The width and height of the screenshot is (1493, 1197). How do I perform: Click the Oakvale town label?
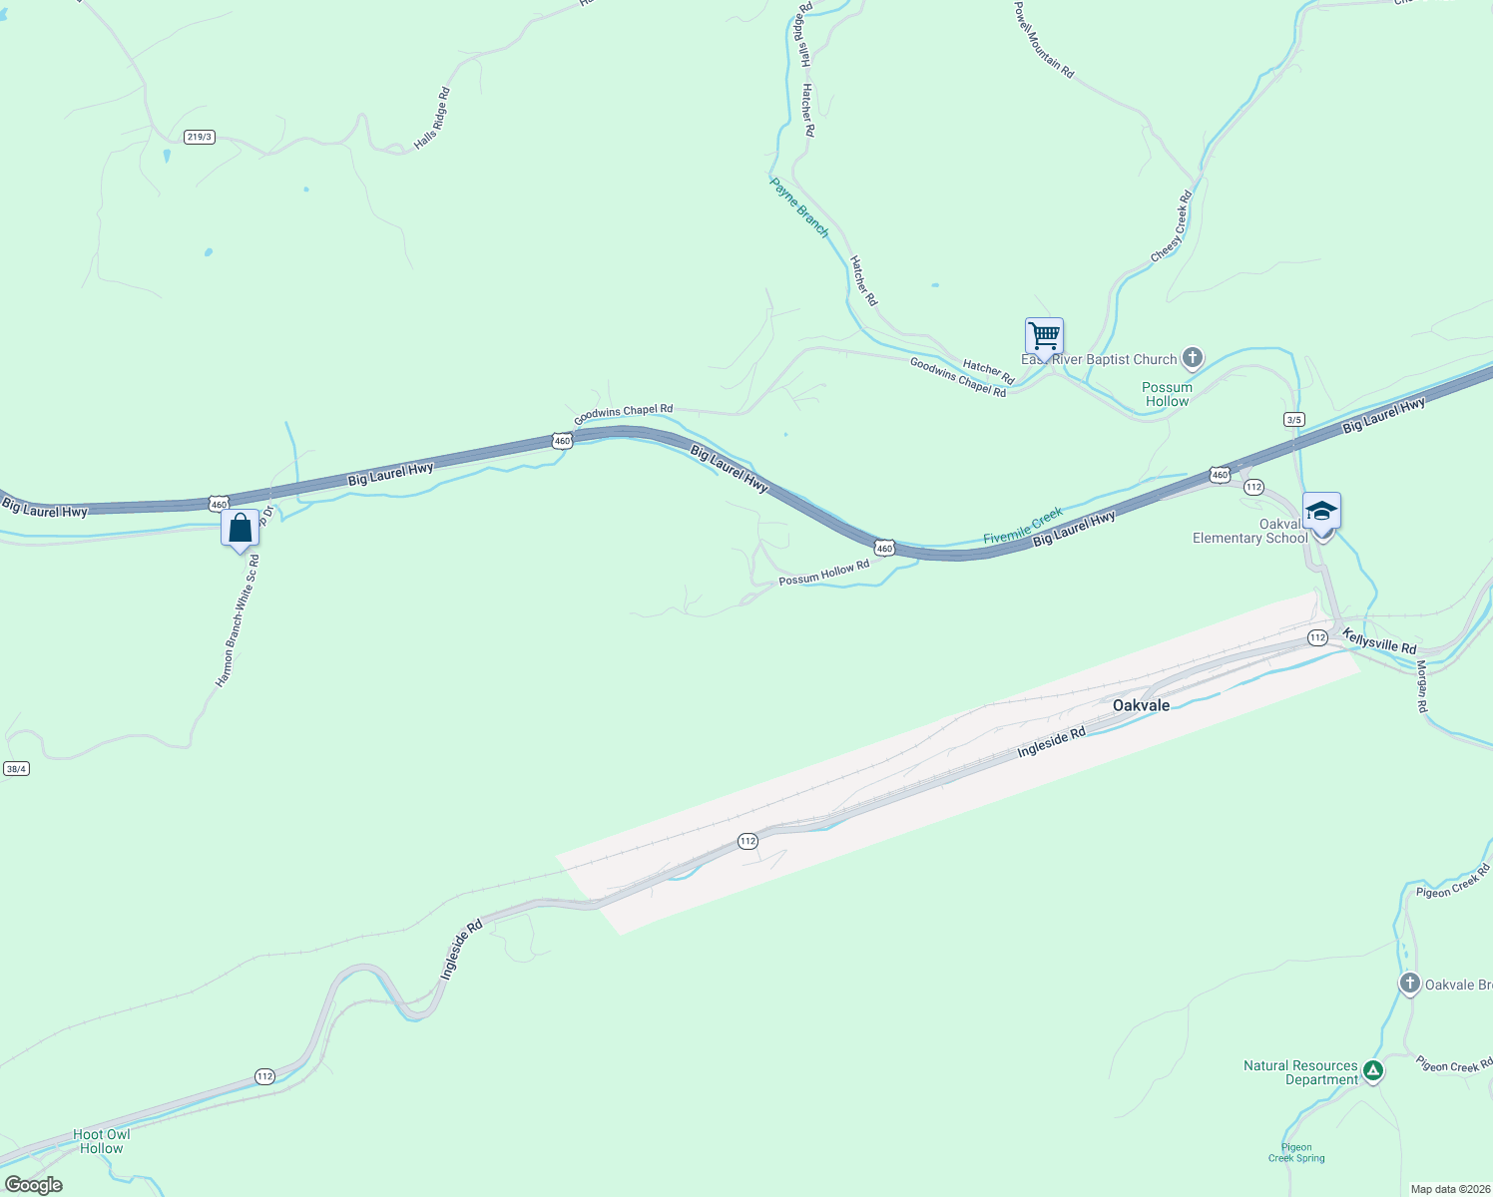tap(1141, 705)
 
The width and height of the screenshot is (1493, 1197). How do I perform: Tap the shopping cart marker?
tap(1044, 336)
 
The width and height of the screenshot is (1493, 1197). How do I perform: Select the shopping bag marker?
tap(241, 528)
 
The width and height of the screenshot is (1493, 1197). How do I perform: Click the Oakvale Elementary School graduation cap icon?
tap(1321, 512)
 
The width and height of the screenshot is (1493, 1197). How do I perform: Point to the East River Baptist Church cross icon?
tap(1192, 358)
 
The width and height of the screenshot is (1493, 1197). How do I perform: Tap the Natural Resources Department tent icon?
tap(1373, 1071)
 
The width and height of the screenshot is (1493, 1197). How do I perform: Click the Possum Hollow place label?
tap(1167, 394)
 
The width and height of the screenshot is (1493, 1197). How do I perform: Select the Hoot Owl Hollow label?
tap(102, 1141)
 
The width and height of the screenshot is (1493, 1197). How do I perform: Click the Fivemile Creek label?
tap(1023, 526)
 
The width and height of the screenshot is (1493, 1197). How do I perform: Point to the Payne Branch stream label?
tap(799, 207)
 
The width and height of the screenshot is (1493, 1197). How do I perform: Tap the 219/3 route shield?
tap(200, 137)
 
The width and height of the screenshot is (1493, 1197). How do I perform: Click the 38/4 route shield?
tap(16, 768)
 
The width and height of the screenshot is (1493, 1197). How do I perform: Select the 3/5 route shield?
tap(1294, 420)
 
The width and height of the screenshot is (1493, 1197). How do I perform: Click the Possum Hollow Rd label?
tap(823, 573)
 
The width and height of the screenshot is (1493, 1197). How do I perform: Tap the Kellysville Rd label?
tap(1378, 641)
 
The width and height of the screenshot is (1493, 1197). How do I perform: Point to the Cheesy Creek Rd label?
tap(1172, 227)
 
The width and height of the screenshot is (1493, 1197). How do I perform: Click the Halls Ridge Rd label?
tap(432, 120)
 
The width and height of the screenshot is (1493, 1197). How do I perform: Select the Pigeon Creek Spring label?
tap(1296, 1152)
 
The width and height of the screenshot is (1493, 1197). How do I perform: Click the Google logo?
tap(34, 1185)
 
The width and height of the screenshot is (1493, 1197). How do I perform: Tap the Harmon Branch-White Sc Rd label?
tap(238, 621)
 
